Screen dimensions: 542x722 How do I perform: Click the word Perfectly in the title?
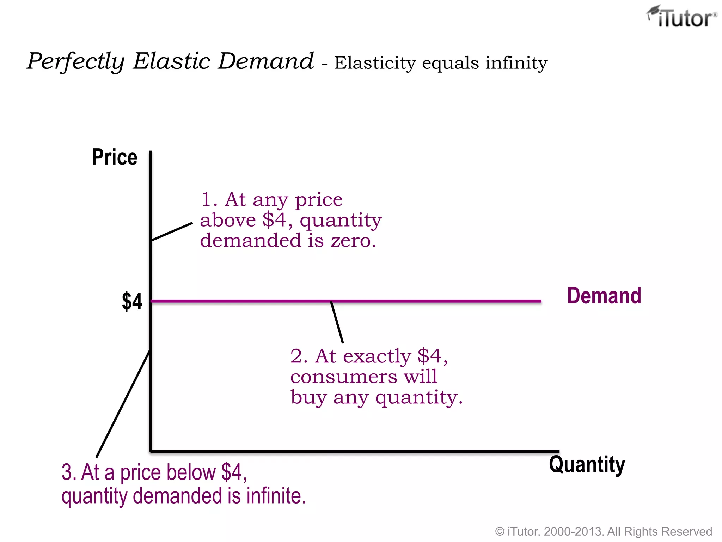(x=76, y=61)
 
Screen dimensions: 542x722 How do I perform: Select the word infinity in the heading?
(x=516, y=63)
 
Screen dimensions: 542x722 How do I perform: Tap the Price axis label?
(x=115, y=157)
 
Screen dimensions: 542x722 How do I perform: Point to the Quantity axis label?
(x=587, y=465)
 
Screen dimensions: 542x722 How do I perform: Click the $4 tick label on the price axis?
(x=132, y=302)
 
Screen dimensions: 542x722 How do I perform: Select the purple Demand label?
(x=604, y=296)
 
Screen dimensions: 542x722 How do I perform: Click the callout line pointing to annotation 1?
(x=172, y=231)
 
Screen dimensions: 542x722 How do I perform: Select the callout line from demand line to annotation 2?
(x=337, y=322)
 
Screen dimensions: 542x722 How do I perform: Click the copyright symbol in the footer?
(x=500, y=531)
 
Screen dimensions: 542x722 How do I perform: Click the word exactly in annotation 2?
(x=377, y=356)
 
